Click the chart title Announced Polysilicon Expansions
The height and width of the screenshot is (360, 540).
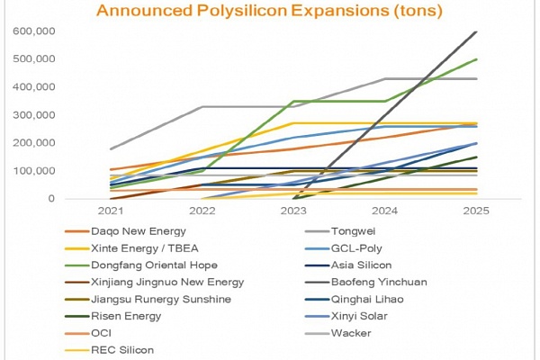[270, 11]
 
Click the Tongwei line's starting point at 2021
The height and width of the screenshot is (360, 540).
[111, 148]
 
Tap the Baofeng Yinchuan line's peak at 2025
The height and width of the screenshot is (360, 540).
[476, 31]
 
